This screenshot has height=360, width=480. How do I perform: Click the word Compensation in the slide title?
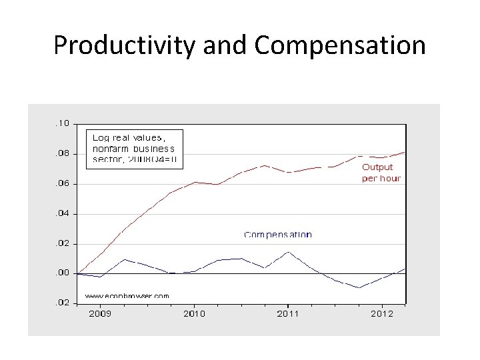point(340,45)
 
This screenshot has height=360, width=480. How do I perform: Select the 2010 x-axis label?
point(194,313)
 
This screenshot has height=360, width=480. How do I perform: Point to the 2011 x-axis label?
point(287,313)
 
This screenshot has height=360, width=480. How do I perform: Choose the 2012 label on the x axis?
point(381,313)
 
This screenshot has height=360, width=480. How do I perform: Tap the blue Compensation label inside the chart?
point(277,235)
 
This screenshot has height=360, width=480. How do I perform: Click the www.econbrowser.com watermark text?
point(127,295)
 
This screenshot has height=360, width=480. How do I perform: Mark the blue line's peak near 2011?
point(287,252)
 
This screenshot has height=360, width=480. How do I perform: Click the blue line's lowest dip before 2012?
point(359,288)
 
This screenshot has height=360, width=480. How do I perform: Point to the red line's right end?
point(405,152)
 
